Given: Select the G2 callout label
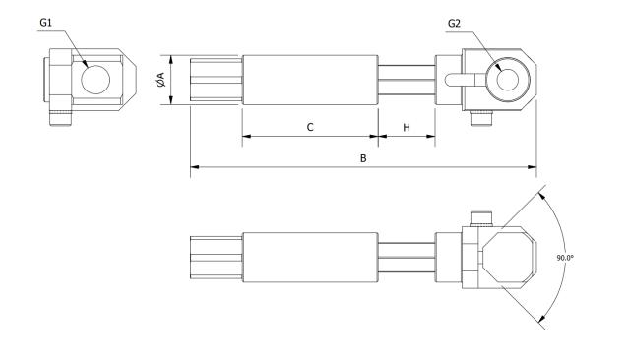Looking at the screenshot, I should [454, 23].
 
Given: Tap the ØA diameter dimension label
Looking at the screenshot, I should [159, 81].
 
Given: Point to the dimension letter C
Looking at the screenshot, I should [309, 127].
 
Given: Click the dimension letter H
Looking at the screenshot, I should [407, 127].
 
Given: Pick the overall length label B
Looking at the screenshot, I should [363, 157].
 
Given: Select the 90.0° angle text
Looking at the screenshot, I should [564, 258].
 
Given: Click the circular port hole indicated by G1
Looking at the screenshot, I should [95, 80].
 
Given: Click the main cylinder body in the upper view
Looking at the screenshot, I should [310, 81].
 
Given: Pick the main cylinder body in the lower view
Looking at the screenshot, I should [310, 259].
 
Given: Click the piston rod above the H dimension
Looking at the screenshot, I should [407, 81].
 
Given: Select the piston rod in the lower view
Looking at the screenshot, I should [407, 259].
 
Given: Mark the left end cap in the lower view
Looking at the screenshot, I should [215, 259].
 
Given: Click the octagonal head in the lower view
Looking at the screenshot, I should [508, 259].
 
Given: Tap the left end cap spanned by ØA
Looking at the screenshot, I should [215, 81].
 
